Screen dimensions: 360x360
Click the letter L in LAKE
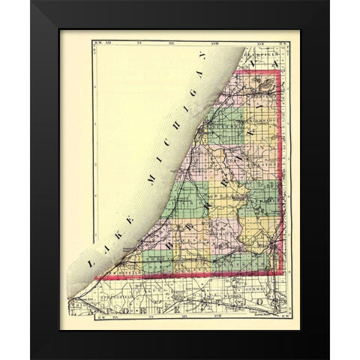click(x=88, y=266)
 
